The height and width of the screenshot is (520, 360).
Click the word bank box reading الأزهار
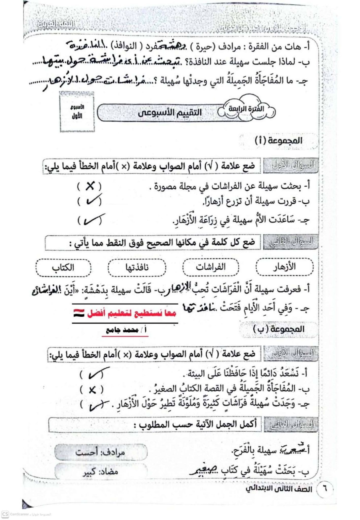pyautogui.click(x=284, y=267)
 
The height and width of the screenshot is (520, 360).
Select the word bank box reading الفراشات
pyautogui.click(x=210, y=267)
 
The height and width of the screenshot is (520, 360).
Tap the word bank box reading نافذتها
pyautogui.click(x=137, y=267)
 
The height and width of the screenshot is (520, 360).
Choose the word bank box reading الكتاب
pyautogui.click(x=63, y=268)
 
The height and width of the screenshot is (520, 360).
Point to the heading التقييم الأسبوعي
pyautogui.click(x=170, y=113)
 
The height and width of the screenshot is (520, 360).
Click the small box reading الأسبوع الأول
pyautogui.click(x=77, y=112)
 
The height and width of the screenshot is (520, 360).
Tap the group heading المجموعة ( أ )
pyautogui.click(x=279, y=141)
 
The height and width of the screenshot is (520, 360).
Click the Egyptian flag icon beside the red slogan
pyautogui.click(x=79, y=313)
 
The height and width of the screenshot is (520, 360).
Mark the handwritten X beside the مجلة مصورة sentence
pyautogui.click(x=90, y=186)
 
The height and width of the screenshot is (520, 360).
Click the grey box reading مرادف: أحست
pyautogui.click(x=101, y=452)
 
